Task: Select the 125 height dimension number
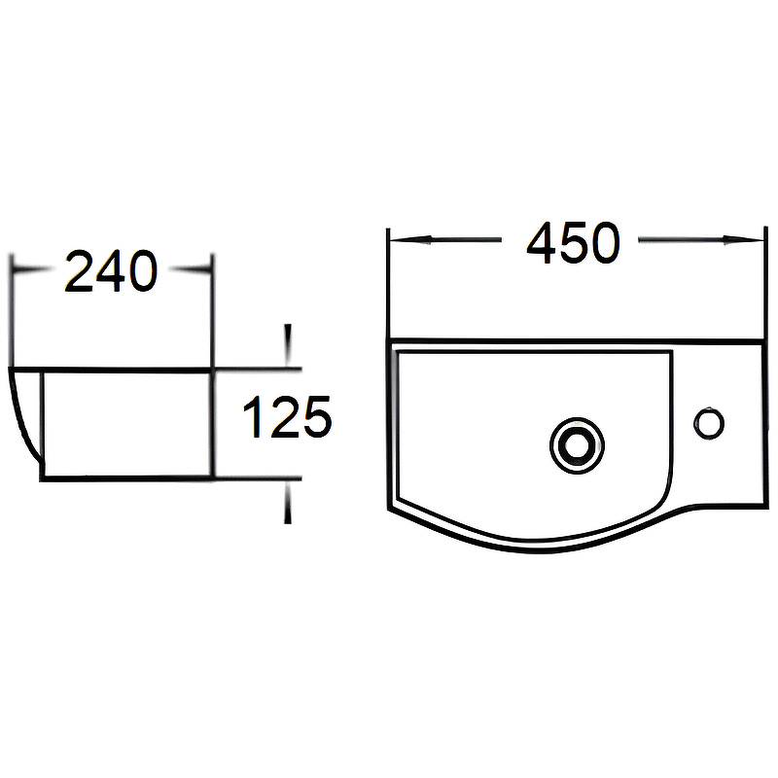[287, 419]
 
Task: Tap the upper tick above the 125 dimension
[287, 342]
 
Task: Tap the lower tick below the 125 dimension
[287, 504]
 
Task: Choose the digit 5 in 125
[315, 419]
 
